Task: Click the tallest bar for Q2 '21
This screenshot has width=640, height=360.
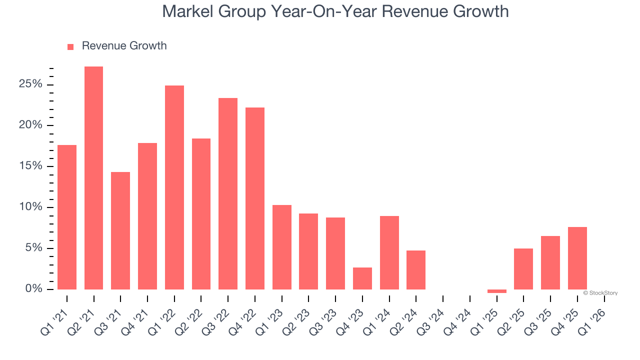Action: (93, 178)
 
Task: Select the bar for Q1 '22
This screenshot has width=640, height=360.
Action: (174, 187)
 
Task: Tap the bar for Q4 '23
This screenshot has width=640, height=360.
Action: (362, 278)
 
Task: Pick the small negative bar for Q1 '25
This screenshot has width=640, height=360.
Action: (496, 291)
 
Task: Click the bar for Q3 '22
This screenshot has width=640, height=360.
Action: (228, 193)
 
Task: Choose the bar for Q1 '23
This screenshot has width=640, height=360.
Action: (281, 247)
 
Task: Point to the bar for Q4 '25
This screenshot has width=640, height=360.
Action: (577, 258)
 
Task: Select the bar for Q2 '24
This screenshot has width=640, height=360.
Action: (416, 270)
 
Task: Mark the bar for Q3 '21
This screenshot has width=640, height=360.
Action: (120, 230)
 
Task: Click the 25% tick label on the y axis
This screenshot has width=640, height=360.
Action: (30, 84)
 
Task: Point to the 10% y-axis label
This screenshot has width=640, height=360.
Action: (30, 207)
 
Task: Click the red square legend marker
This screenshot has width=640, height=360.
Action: (70, 46)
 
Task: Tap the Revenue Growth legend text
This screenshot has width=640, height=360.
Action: (124, 46)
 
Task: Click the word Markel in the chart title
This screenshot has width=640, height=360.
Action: (187, 11)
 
